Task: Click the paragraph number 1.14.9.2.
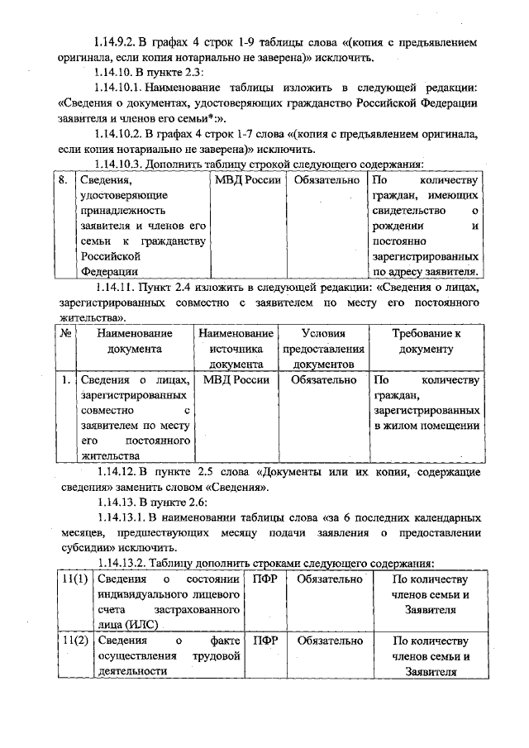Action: [x=120, y=41]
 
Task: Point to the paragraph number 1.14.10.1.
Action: [x=123, y=87]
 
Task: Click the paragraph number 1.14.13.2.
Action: [x=123, y=563]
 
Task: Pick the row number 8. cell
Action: [x=63, y=179]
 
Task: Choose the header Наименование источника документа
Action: [x=236, y=348]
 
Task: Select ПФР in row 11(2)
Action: [x=264, y=641]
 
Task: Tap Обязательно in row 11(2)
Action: [x=330, y=641]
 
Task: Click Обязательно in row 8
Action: [x=323, y=179]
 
